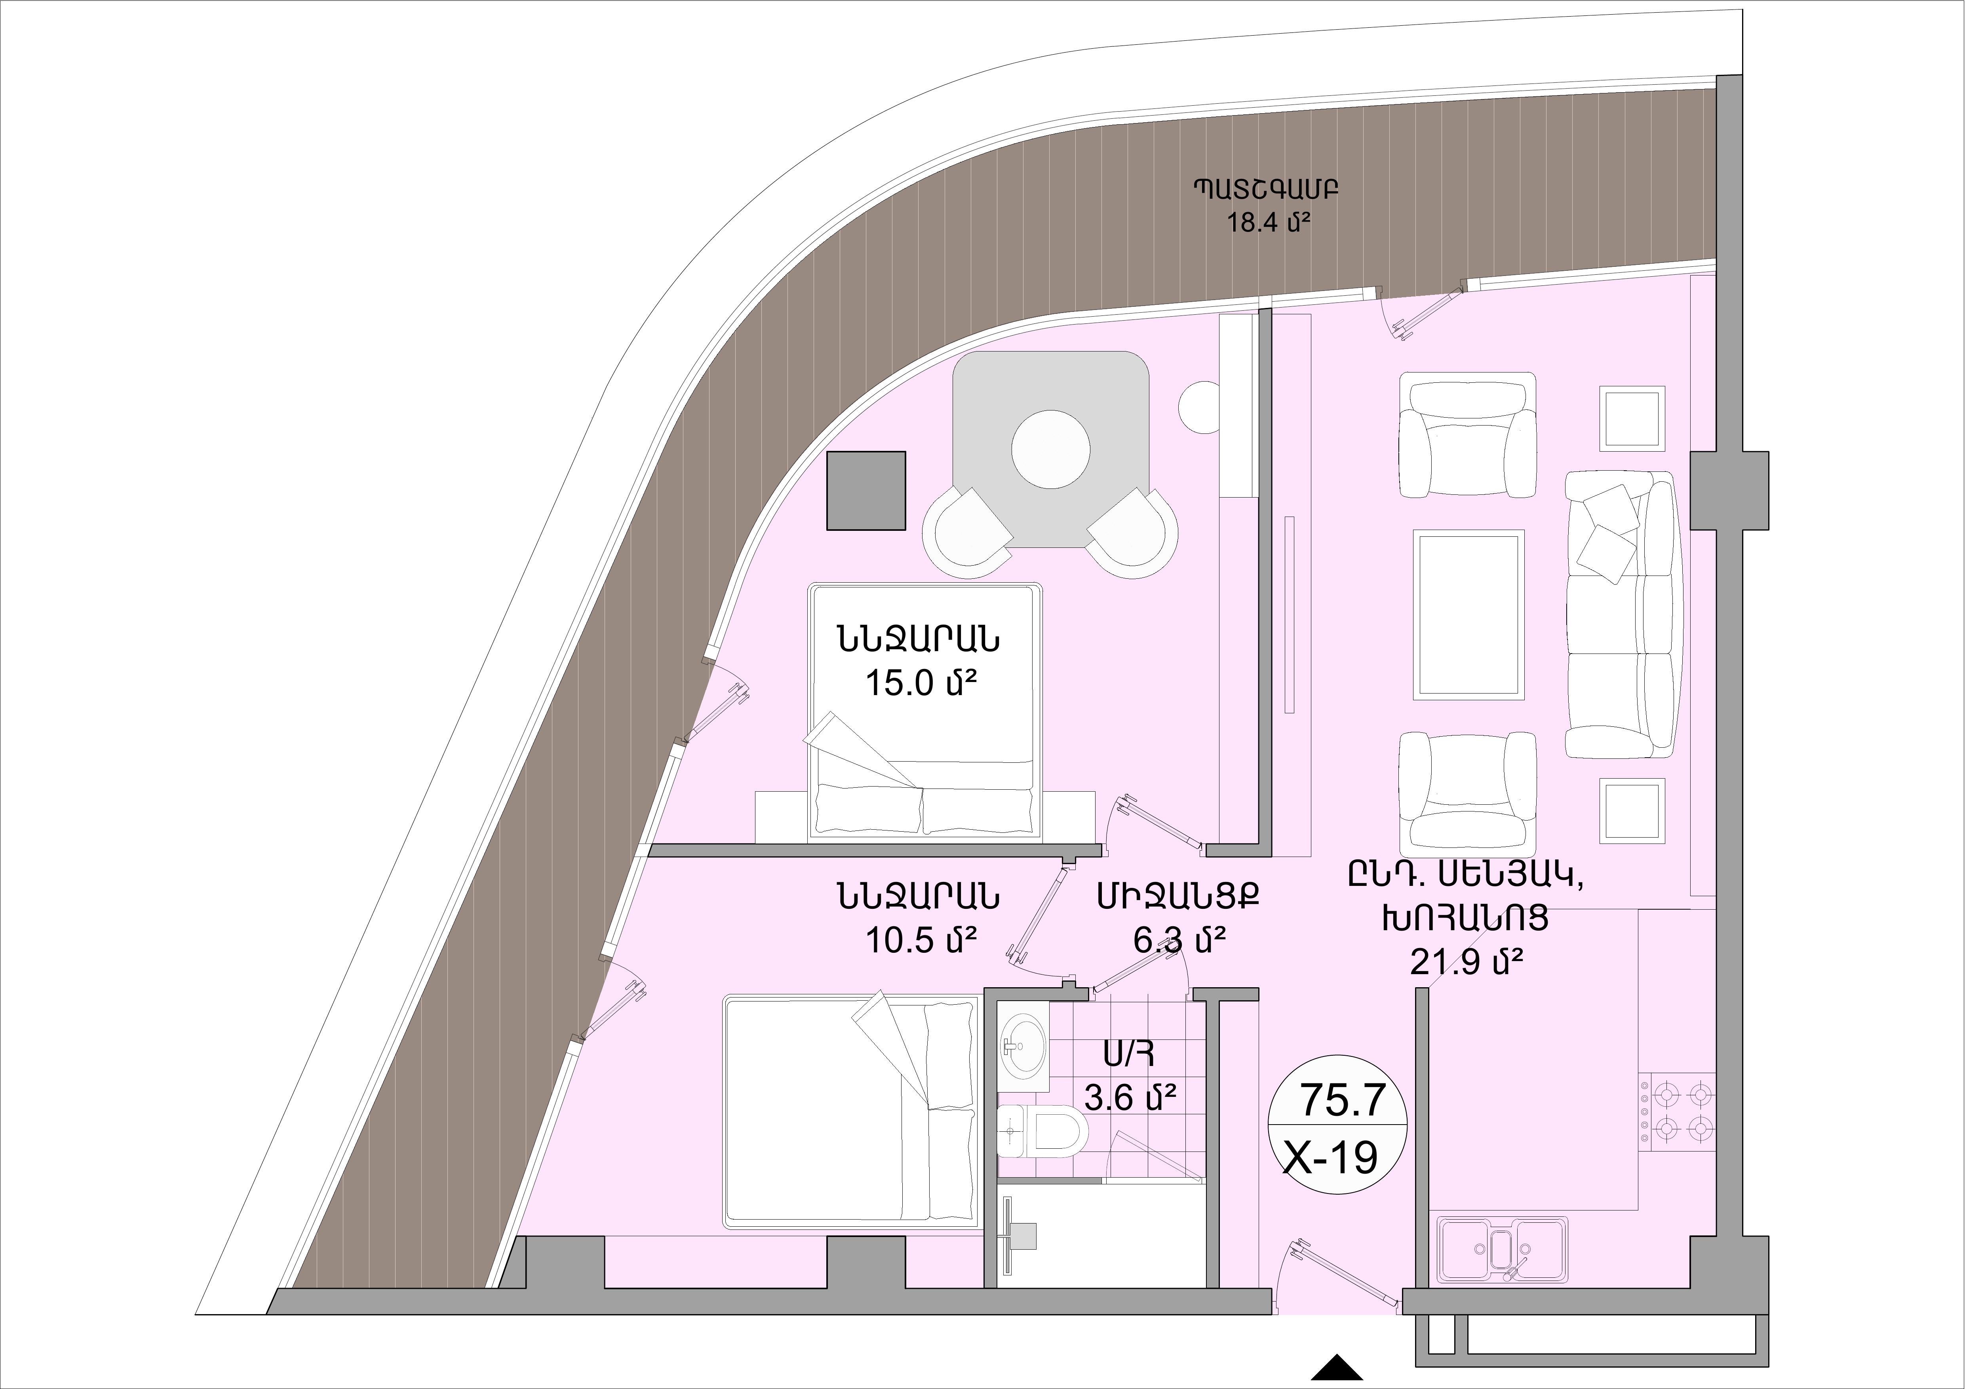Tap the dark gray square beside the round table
(x=866, y=491)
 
